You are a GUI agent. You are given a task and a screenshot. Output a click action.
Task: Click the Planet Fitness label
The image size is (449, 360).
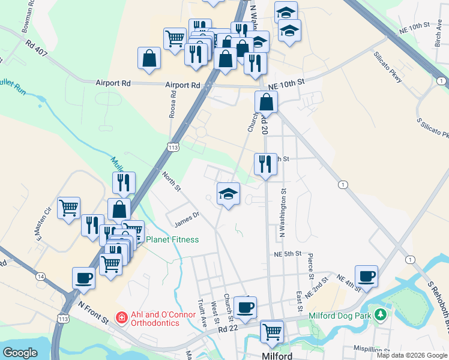[172, 239]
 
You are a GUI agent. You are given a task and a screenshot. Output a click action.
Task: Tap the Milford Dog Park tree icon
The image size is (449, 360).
[379, 314]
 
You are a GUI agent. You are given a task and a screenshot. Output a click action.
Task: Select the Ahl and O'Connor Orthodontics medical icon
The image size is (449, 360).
[121, 316]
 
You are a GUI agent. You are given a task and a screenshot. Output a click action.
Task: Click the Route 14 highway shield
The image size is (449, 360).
[40, 276]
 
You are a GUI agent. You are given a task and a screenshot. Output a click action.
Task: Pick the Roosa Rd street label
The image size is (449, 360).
[172, 104]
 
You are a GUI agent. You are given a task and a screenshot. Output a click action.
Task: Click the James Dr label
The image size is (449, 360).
[186, 220]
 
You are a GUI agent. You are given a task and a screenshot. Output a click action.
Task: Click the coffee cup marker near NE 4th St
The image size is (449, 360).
[366, 277]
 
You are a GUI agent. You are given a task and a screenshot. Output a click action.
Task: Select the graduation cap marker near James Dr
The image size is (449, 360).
[228, 194]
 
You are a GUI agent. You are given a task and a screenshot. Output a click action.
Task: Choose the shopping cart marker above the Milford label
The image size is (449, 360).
[273, 331]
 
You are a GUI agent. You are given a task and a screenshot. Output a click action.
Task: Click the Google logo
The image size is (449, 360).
[20, 353]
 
